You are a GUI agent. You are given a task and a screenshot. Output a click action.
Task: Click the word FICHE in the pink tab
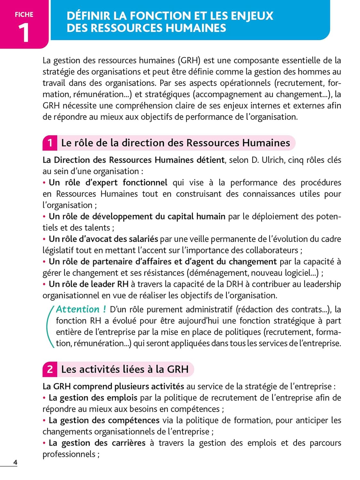[x=24, y=15]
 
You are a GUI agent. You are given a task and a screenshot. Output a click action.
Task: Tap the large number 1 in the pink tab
[x=24, y=33]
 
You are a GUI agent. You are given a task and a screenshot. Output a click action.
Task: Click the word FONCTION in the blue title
[x=166, y=16]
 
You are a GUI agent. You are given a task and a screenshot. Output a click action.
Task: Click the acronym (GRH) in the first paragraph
[x=189, y=60]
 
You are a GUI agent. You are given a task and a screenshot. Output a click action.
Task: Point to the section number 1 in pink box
[x=50, y=143]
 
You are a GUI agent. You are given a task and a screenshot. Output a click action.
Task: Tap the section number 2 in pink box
[x=50, y=369]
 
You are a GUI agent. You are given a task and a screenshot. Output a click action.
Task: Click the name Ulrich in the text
[x=273, y=160]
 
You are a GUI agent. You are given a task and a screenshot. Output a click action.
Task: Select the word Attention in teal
[x=78, y=309]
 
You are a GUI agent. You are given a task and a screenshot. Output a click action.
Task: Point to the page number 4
[x=15, y=462]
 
